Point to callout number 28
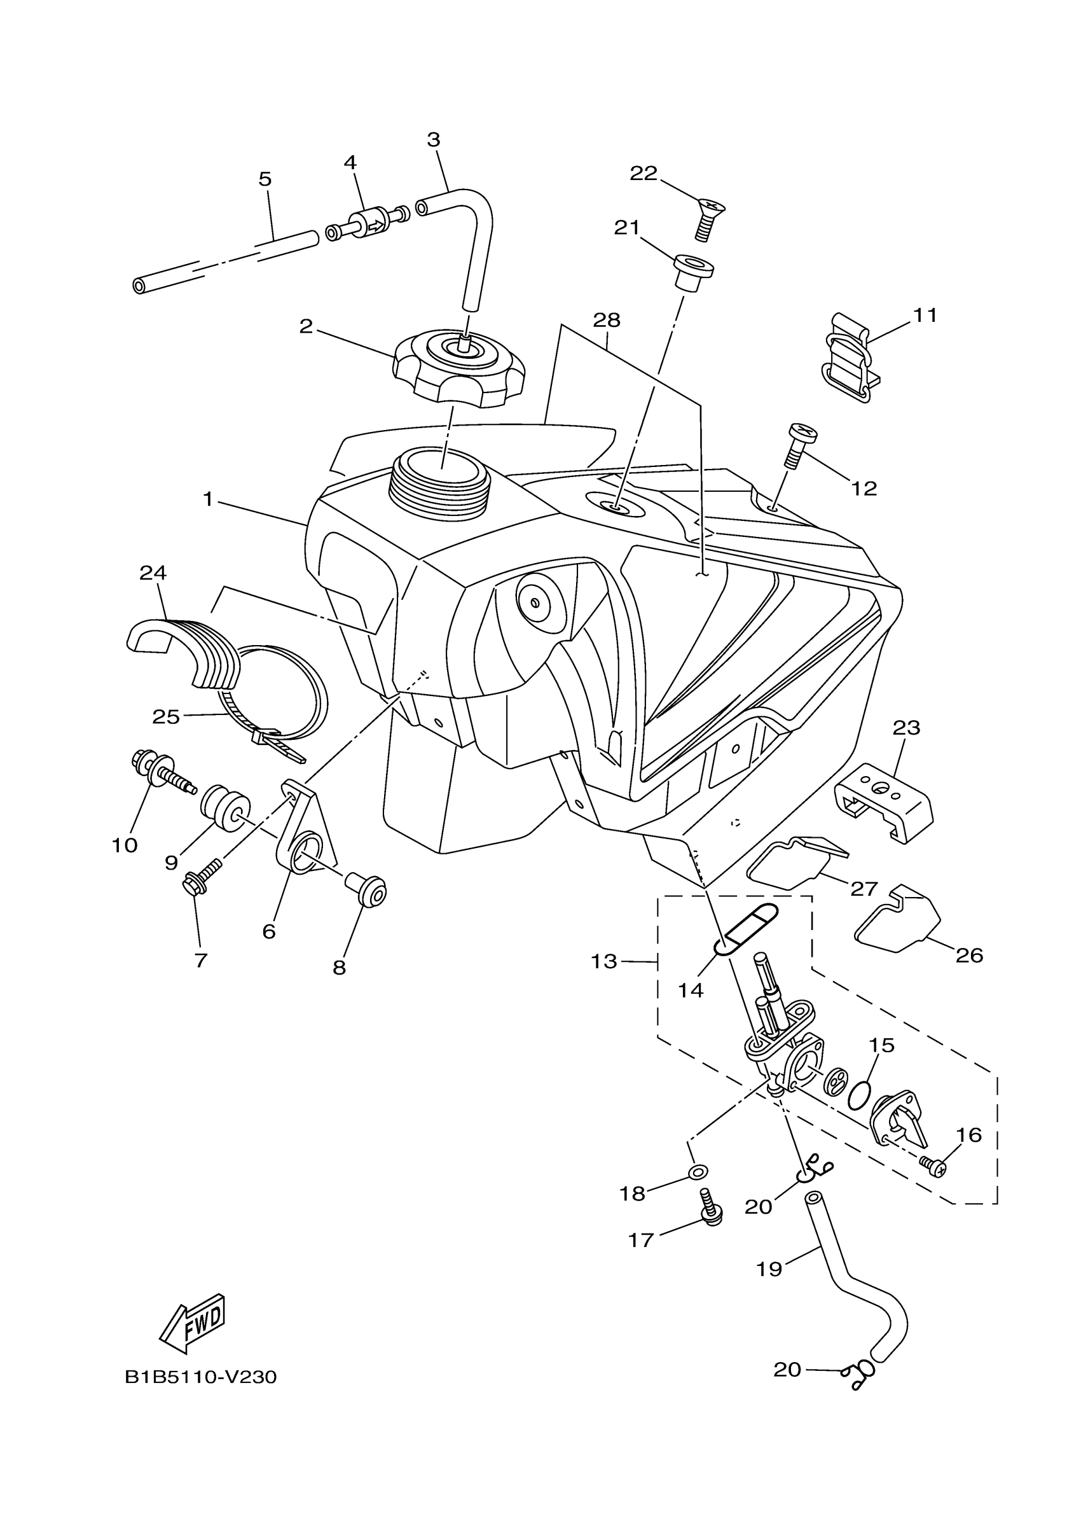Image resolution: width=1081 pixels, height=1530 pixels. [606, 321]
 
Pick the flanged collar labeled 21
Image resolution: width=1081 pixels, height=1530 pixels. [693, 270]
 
